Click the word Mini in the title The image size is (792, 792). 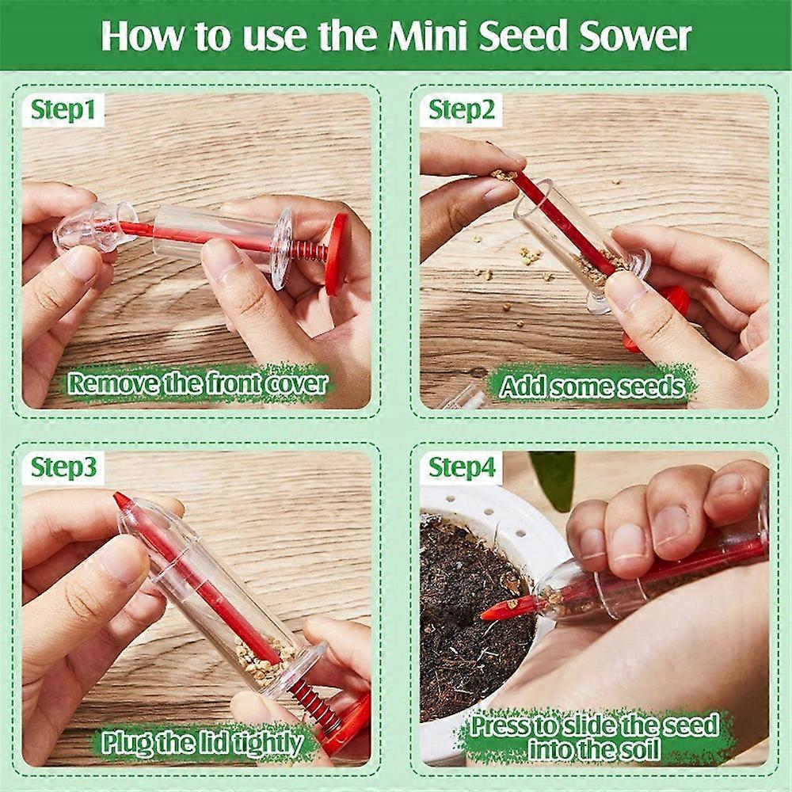coord(442,35)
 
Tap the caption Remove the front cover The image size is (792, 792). coord(196,384)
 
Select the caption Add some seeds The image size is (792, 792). coord(592,386)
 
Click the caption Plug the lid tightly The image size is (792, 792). coord(202,743)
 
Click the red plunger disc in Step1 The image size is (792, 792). coord(337,253)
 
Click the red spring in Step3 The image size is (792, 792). coord(314,700)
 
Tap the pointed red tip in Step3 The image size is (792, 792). coord(121,501)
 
